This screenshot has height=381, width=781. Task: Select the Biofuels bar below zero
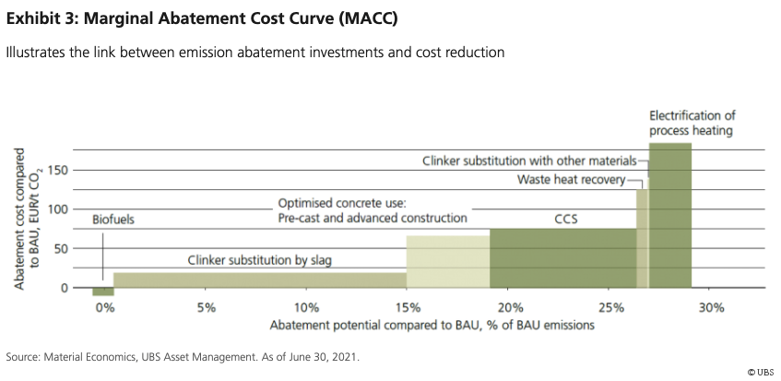[102, 292]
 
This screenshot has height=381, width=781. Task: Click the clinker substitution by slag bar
[259, 280]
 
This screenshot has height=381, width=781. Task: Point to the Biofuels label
[113, 220]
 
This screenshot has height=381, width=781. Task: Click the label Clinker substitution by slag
[258, 261]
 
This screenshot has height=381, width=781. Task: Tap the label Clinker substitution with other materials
[529, 161]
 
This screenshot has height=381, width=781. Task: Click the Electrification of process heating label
[691, 123]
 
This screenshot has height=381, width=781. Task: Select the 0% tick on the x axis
[103, 307]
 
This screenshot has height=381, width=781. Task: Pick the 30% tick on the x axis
[711, 307]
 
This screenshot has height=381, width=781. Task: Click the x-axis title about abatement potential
[431, 326]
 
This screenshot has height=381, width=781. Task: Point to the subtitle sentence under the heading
[254, 53]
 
